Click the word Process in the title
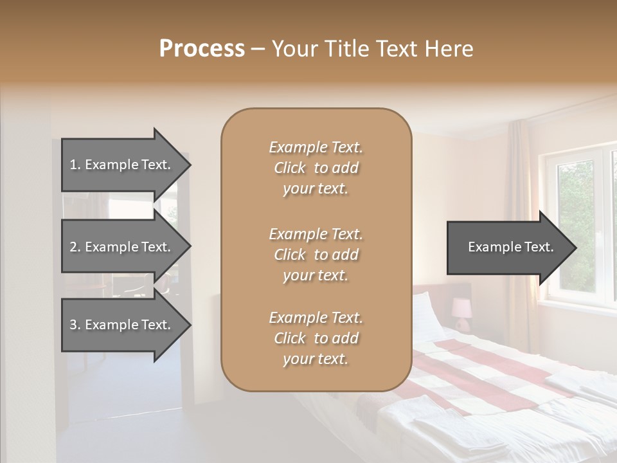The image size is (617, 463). click(202, 48)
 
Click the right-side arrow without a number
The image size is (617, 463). click(508, 247)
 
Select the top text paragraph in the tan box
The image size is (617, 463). click(316, 168)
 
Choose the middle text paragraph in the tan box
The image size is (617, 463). click(316, 254)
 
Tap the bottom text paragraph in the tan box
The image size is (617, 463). click(316, 338)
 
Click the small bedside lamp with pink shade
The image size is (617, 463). click(461, 309)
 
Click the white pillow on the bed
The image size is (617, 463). click(427, 314)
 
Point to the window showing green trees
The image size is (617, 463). click(575, 225)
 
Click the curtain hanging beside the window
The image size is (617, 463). click(519, 212)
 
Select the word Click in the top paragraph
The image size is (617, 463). click(289, 168)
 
